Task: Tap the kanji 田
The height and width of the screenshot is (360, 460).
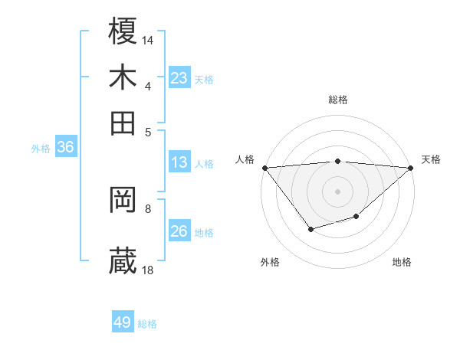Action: tap(123, 123)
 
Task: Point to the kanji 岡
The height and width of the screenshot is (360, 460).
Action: tap(123, 200)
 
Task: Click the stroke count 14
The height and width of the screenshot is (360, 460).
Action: tap(148, 39)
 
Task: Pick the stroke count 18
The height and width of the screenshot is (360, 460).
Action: tap(148, 269)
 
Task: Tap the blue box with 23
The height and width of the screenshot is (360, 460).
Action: tap(179, 78)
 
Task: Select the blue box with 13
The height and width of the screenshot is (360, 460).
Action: tap(179, 162)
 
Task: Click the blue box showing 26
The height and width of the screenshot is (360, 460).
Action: tap(179, 231)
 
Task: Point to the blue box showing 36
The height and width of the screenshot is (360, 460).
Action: tap(65, 148)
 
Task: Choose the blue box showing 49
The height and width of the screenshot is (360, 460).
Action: tap(123, 322)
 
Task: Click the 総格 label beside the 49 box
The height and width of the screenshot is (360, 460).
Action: tap(148, 324)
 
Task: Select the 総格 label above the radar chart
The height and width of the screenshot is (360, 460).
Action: tap(337, 100)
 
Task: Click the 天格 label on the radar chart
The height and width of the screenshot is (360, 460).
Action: tap(432, 159)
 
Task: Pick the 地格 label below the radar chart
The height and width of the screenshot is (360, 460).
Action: tap(402, 262)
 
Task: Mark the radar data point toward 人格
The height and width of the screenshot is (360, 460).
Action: tap(264, 167)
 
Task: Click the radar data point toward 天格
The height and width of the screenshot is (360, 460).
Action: tap(411, 167)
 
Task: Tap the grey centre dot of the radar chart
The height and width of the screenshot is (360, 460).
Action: tap(337, 191)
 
